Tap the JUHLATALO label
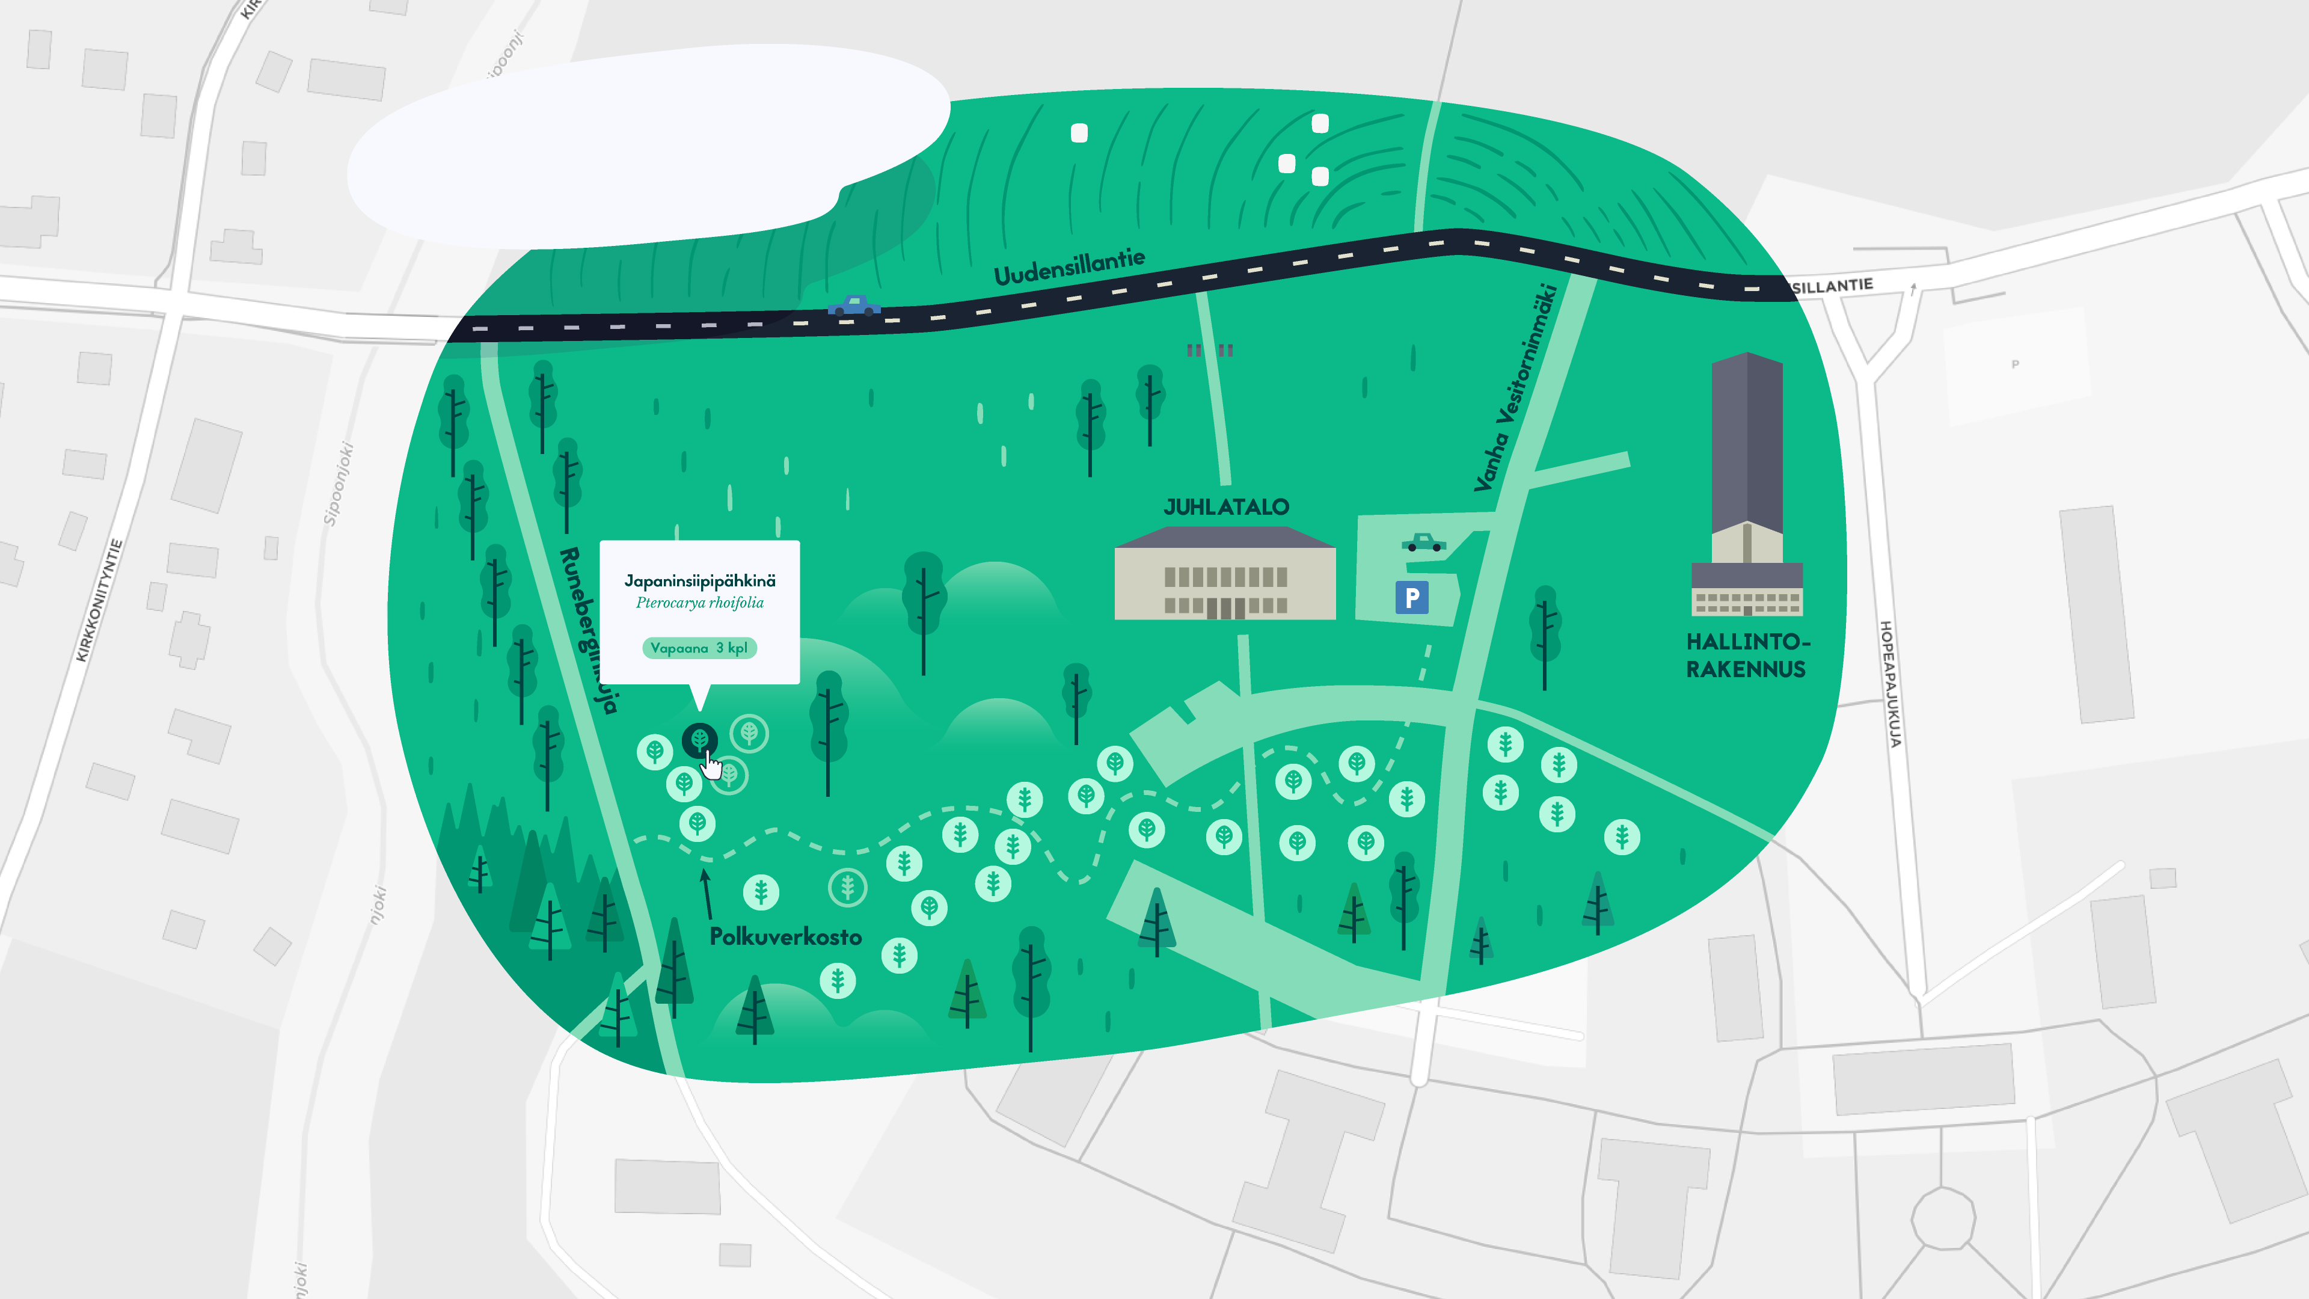[1225, 508]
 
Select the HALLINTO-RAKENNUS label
[1746, 656]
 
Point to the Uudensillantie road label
[1069, 266]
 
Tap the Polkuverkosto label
[785, 937]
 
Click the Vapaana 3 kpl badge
[699, 648]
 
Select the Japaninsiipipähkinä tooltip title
[699, 581]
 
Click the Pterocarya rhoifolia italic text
[699, 603]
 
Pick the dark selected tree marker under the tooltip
[699, 740]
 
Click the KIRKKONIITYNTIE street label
[99, 601]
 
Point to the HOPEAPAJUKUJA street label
[1889, 683]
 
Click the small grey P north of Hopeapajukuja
[2015, 364]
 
